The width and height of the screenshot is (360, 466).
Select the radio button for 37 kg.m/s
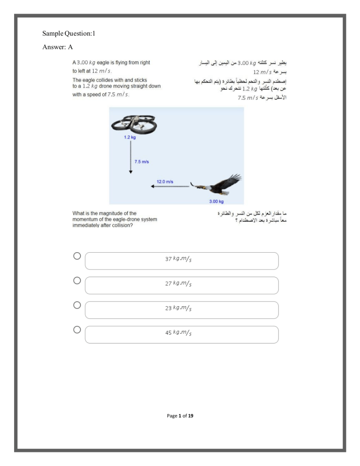77,256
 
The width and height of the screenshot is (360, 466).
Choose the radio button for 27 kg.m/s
77,280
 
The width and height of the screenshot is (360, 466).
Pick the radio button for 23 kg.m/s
77,305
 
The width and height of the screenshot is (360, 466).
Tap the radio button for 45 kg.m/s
77,330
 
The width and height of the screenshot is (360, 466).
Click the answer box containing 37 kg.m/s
181,261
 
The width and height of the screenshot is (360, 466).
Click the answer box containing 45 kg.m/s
181,334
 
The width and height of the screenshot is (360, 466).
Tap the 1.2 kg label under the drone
130,137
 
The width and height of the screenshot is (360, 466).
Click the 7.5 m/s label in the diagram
142,162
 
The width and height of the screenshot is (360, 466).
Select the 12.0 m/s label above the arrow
165,181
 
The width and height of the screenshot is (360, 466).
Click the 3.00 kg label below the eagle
216,202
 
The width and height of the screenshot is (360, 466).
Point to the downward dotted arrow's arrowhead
130,172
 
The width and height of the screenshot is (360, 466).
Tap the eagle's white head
201,187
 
